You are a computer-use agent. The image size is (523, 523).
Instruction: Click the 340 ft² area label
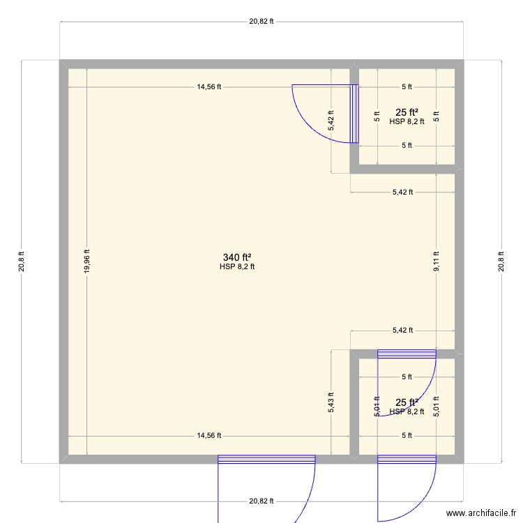click(237, 257)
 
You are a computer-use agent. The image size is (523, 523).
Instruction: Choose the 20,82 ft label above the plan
click(261, 22)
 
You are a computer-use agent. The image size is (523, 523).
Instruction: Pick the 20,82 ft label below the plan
click(261, 501)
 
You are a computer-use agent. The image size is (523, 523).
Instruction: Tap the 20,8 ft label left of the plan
click(22, 261)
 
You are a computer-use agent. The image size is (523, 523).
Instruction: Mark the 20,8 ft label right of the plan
click(501, 261)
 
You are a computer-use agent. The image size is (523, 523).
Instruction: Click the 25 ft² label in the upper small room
click(407, 112)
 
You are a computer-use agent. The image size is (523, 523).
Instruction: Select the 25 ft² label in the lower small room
click(407, 402)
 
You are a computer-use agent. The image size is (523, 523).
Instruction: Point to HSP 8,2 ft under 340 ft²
click(237, 266)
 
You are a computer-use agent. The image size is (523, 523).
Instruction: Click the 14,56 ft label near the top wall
click(209, 87)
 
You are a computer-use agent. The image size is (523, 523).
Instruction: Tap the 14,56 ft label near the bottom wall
click(209, 436)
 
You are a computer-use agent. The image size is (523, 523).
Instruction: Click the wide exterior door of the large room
click(266, 459)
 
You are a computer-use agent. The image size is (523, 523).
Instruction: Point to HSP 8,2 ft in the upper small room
click(407, 121)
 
